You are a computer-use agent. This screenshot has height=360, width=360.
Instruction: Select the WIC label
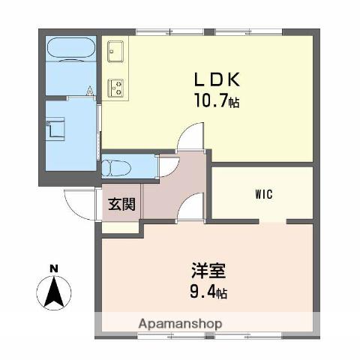[x=262, y=195]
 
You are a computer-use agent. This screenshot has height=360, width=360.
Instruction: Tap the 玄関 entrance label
[x=120, y=203]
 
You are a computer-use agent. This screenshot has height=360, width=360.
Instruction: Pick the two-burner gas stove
[x=116, y=88]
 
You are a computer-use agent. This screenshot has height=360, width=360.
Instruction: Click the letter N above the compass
[x=53, y=268]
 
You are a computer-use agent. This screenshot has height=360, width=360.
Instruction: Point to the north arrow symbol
[x=53, y=291]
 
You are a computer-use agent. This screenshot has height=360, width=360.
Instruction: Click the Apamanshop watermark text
[x=179, y=325]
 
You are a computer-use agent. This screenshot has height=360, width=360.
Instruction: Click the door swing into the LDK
[x=190, y=138]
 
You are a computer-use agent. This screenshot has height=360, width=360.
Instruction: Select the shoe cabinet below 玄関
[x=119, y=227]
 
